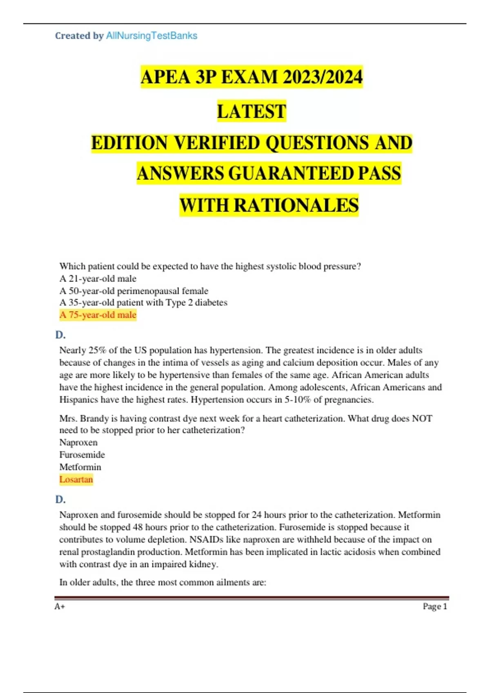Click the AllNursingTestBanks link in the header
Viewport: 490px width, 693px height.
tap(151, 36)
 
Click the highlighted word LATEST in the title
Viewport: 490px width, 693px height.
tap(252, 111)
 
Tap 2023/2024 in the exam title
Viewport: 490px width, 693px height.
tap(322, 77)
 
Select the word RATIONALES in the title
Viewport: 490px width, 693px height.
tap(296, 205)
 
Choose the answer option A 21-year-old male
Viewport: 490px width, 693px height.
tap(98, 279)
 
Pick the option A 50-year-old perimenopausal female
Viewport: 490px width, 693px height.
tap(134, 291)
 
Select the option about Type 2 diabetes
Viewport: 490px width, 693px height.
tap(143, 302)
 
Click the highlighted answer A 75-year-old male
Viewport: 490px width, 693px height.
tap(98, 315)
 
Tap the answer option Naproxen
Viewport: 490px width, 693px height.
tap(78, 443)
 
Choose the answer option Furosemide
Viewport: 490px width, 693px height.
tap(82, 455)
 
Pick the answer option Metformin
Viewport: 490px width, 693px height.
tap(80, 467)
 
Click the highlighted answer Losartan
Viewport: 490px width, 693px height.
tap(76, 479)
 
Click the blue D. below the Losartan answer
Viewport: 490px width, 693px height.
tap(60, 499)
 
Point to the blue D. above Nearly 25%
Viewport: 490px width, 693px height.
tap(60, 335)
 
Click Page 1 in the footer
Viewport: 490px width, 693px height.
tap(435, 607)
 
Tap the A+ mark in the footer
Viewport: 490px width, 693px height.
tap(60, 607)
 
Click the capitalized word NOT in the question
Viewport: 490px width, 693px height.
tap(422, 419)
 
